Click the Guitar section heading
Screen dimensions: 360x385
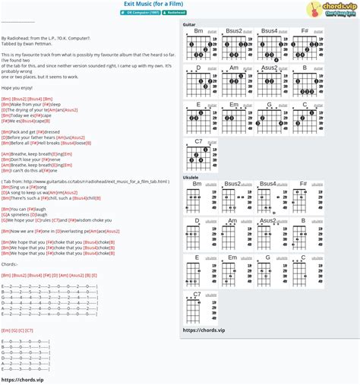190,24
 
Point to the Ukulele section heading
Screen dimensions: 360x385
191,177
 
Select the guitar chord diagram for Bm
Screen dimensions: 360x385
199,47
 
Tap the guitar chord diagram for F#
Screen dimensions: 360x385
305,47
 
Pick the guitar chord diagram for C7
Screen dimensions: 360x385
199,157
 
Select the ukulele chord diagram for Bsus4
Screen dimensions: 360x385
270,200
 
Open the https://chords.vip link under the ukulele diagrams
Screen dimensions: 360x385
204,330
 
